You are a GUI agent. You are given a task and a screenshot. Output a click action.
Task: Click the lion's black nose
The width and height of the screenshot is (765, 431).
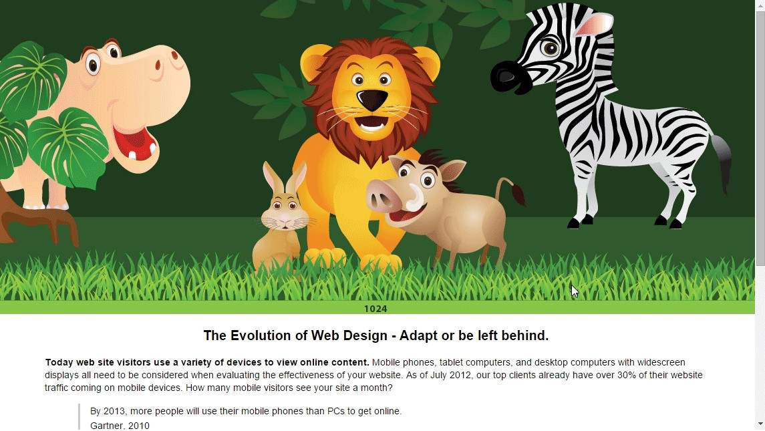click(371, 100)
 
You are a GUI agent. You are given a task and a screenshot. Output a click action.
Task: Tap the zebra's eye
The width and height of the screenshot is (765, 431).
click(551, 48)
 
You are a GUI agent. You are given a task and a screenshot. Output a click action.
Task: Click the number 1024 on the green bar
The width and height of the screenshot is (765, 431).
click(375, 309)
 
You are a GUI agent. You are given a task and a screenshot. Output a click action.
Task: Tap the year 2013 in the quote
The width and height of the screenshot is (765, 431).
click(114, 411)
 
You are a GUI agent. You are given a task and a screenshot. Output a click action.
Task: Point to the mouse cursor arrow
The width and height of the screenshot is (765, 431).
click(575, 291)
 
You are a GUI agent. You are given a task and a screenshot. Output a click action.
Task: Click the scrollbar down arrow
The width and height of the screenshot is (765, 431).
click(760, 424)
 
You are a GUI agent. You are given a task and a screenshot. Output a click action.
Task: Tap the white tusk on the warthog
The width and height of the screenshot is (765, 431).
click(415, 197)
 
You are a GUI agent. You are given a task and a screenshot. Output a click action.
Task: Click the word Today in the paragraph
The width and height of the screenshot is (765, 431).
click(59, 362)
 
